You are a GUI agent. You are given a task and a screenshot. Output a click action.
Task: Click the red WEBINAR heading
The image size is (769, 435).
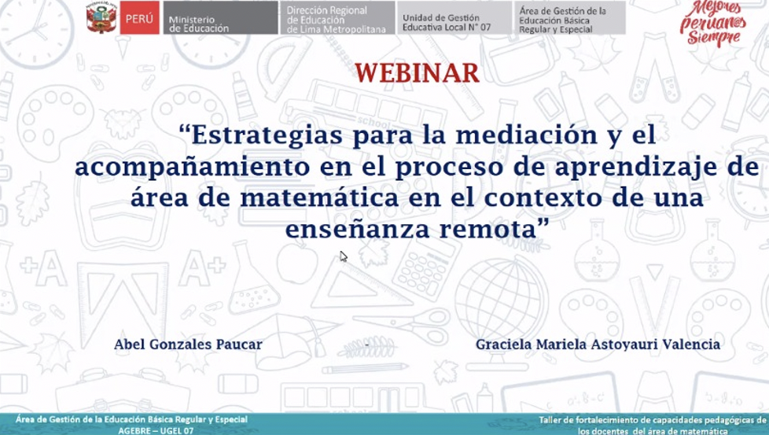pos(417,74)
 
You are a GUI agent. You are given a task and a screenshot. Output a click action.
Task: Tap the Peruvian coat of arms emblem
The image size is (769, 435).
pos(101,17)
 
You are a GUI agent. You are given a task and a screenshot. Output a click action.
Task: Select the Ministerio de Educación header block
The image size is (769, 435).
pos(220,18)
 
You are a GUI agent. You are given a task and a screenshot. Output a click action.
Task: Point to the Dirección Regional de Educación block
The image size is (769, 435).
pos(337,18)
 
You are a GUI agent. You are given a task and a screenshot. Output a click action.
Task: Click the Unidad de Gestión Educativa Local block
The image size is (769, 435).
pos(454,18)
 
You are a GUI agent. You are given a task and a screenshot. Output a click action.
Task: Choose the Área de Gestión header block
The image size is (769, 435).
pos(570,18)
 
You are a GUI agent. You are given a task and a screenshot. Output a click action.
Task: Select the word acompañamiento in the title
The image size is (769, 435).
pos(192,168)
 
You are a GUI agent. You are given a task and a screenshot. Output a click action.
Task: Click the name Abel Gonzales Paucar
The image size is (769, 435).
pos(189,345)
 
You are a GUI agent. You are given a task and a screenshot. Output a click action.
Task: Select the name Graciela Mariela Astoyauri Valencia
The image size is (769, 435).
pos(598,345)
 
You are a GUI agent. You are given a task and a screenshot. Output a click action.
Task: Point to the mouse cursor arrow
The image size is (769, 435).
pos(344,256)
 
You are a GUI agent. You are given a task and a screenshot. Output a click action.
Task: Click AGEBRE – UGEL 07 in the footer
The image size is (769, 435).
pos(156,430)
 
